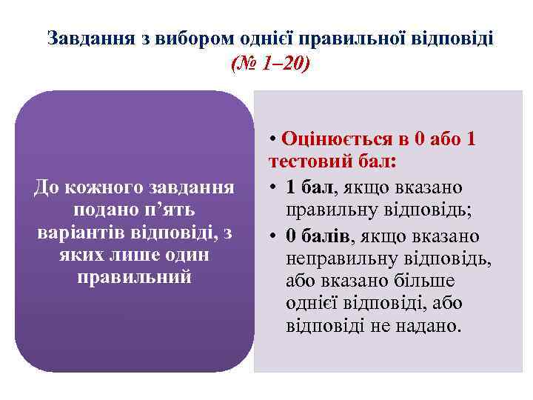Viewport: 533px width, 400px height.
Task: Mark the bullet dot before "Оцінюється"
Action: coord(274,139)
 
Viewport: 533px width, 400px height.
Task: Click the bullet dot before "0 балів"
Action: coord(274,236)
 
